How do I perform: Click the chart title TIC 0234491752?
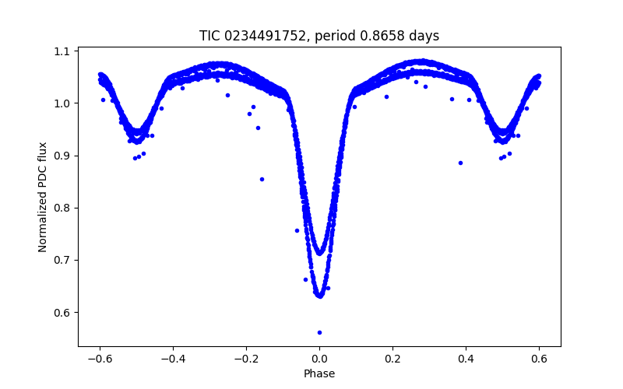pyautogui.click(x=252, y=36)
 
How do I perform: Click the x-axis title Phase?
pyautogui.click(x=319, y=373)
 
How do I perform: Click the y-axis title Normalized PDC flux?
pyautogui.click(x=43, y=197)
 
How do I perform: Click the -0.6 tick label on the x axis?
pyautogui.click(x=100, y=359)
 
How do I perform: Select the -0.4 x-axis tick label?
pyautogui.click(x=173, y=359)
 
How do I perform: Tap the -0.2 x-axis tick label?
pyautogui.click(x=246, y=359)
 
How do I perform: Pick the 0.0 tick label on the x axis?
pyautogui.click(x=319, y=359)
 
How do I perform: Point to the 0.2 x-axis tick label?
pyautogui.click(x=392, y=359)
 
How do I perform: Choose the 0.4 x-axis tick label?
pyautogui.click(x=466, y=359)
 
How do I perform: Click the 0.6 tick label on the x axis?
pyautogui.click(x=539, y=359)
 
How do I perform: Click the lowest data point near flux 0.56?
pyautogui.click(x=319, y=332)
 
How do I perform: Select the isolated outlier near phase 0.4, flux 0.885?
pyautogui.click(x=460, y=163)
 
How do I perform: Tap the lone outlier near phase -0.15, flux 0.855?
pyautogui.click(x=262, y=179)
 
